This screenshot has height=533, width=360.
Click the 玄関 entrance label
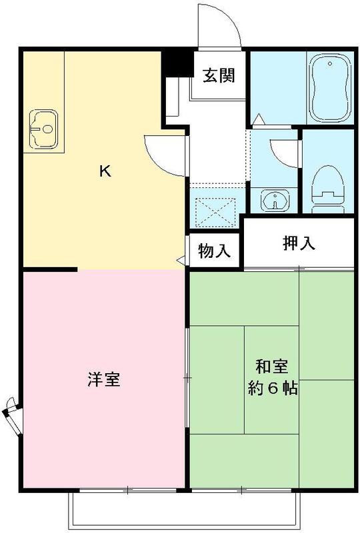tap(219, 75)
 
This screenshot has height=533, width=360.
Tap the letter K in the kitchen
tap(105, 171)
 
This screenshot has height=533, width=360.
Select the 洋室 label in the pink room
tap(103, 380)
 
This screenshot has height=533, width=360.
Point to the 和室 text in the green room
tap(272, 367)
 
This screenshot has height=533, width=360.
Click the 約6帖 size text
tap(272, 388)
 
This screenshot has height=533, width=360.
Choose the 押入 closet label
tap(298, 243)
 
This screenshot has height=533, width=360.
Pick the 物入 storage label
tap(215, 251)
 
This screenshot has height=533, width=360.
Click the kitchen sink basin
tap(44, 127)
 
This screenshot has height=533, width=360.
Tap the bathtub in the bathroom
tap(330, 89)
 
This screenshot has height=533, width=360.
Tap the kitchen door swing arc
tap(163, 154)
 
